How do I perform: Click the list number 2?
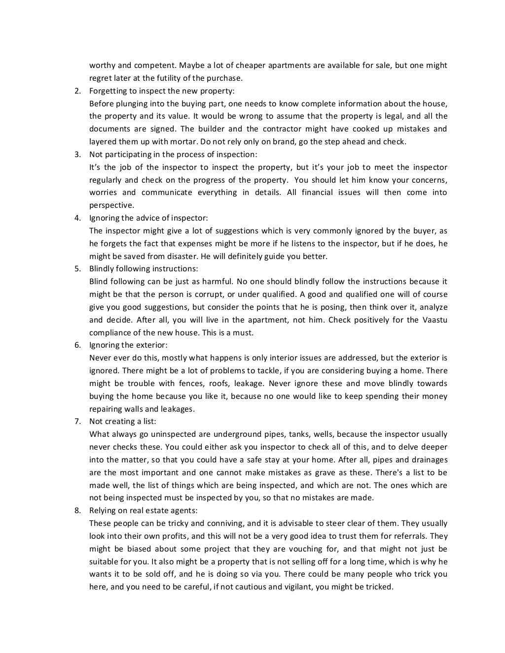coord(77,91)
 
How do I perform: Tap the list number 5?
coord(77,269)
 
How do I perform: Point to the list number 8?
coord(77,510)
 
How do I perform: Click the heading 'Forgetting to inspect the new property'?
coord(162,91)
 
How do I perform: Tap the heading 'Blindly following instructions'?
coord(144,269)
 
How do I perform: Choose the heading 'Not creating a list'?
coord(122,422)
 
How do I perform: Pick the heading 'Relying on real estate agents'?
coord(143,510)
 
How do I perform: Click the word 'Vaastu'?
coord(434,320)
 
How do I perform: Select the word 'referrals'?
coord(410,536)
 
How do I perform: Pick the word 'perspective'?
coord(112,205)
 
